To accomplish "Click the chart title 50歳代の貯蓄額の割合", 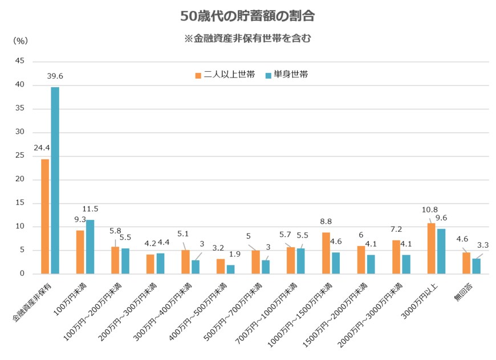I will click(247, 16).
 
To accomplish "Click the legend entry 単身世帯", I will click(286, 75).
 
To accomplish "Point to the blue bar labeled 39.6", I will click(55, 180).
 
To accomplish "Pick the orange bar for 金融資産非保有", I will click(45, 216).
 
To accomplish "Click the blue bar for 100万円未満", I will click(90, 247).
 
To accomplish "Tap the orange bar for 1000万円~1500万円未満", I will click(326, 253).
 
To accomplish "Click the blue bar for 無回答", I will click(476, 266).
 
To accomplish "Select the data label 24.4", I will click(42, 148).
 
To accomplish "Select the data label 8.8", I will click(326, 222).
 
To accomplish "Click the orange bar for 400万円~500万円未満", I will click(221, 266).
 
